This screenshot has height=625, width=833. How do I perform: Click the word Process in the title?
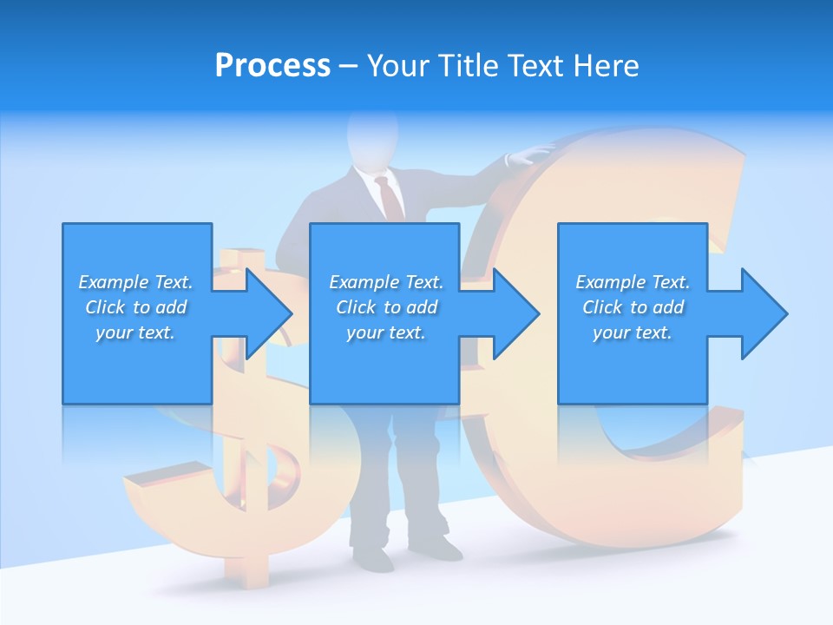pyautogui.click(x=272, y=66)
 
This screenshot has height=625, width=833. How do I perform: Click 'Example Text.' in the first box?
pyautogui.click(x=135, y=282)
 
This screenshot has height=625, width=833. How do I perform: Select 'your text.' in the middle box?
pyautogui.click(x=385, y=332)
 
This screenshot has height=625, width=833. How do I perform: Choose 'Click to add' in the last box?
pyautogui.click(x=633, y=307)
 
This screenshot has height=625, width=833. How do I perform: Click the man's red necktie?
pyautogui.click(x=390, y=197)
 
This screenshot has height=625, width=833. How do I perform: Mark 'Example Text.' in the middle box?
pyautogui.click(x=386, y=282)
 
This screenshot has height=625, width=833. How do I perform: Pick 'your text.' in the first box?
pyautogui.click(x=135, y=332)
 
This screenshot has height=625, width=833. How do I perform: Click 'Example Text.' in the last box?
pyautogui.click(x=633, y=282)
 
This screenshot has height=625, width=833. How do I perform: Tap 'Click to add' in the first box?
pyautogui.click(x=136, y=307)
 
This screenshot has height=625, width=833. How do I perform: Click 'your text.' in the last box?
pyautogui.click(x=633, y=332)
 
